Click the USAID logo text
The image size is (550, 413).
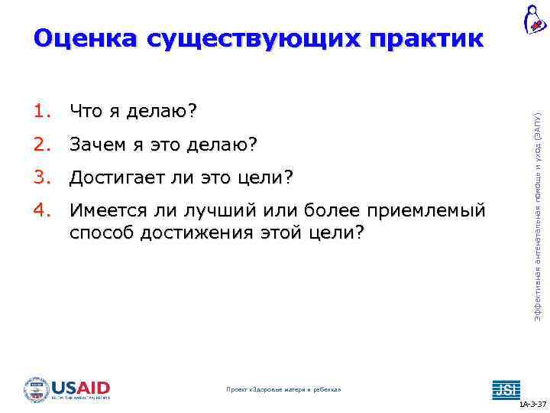click(82, 387)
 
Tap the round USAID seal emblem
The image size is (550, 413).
click(36, 389)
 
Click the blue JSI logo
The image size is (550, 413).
click(505, 389)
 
